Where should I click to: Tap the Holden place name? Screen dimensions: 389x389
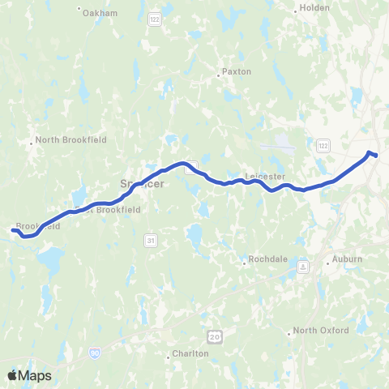coord(314,7)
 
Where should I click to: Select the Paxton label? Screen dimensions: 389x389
coord(237,71)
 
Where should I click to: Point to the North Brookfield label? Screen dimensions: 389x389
coord(72,139)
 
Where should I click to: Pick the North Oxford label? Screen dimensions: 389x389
coord(321,330)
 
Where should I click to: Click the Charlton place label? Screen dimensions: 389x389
coord(190,353)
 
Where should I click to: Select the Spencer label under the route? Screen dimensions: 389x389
coord(143,184)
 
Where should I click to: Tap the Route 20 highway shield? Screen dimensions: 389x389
coord(214,335)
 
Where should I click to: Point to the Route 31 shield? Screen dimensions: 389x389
coord(151,241)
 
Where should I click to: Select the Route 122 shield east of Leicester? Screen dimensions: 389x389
coord(323,144)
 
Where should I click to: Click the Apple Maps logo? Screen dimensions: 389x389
coord(29,374)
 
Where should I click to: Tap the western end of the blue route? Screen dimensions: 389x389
coord(13,231)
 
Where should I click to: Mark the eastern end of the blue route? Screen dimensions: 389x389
coord(375,155)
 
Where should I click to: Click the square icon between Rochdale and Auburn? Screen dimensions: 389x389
coord(302,266)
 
